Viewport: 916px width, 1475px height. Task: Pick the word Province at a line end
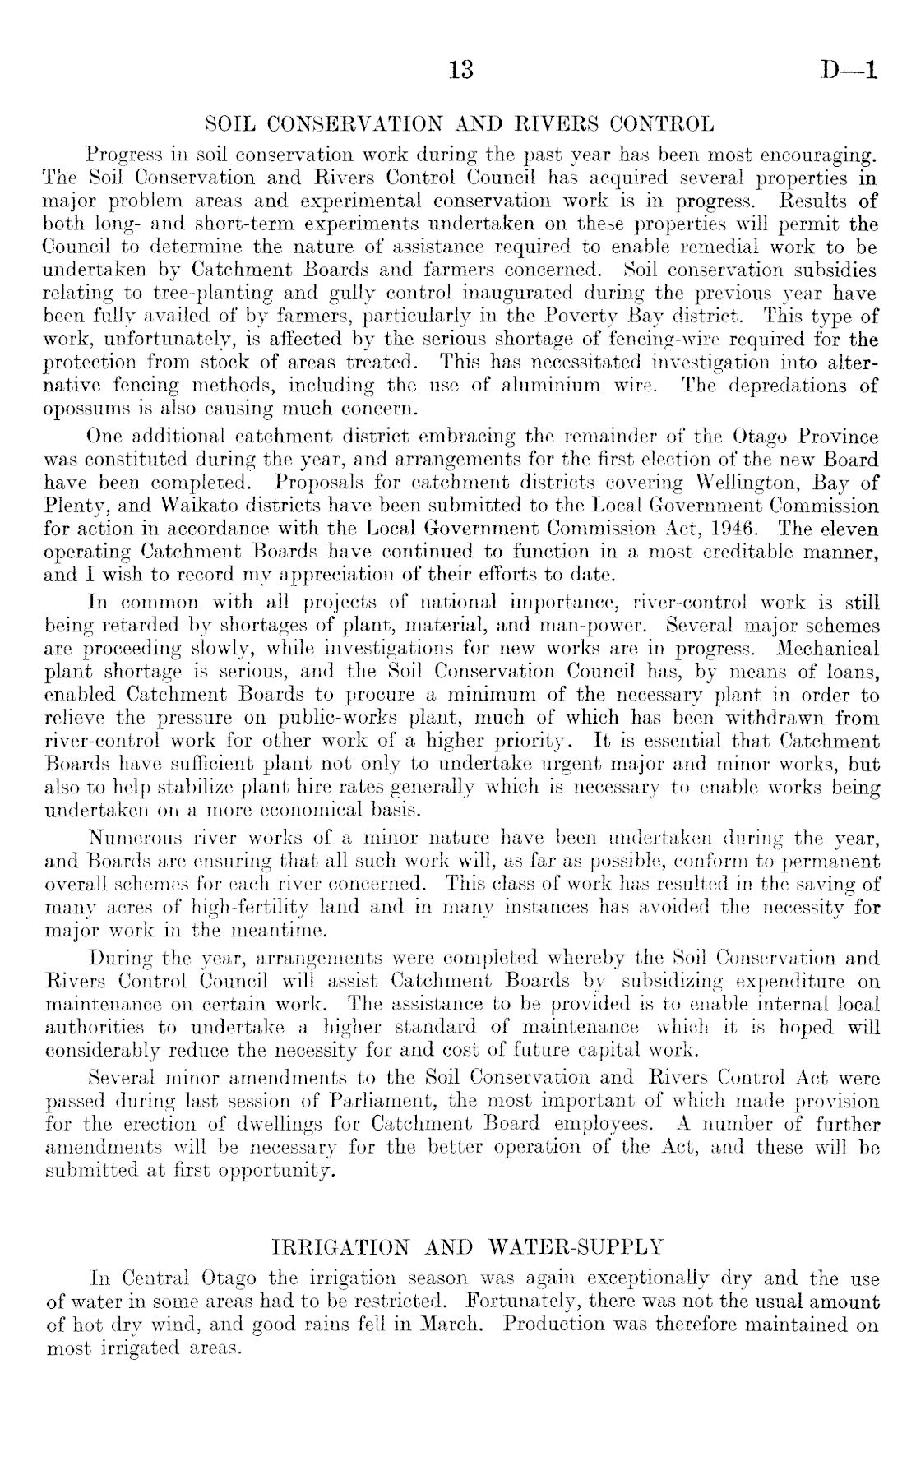click(x=837, y=437)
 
